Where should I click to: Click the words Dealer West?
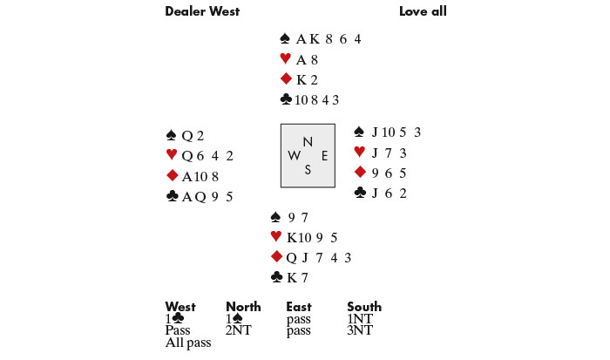pyautogui.click(x=202, y=11)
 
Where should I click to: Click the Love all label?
pyautogui.click(x=423, y=11)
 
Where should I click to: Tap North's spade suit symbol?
pyautogui.click(x=285, y=38)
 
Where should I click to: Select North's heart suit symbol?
pyautogui.click(x=286, y=58)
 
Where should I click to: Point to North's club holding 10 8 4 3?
pyautogui.click(x=316, y=100)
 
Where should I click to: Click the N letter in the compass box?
pyautogui.click(x=308, y=142)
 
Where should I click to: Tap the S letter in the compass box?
pyautogui.click(x=308, y=169)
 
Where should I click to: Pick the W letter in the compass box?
pyautogui.click(x=295, y=156)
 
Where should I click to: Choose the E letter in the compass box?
pyautogui.click(x=324, y=156)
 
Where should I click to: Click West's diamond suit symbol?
pyautogui.click(x=173, y=175)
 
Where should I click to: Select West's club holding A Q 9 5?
pyautogui.click(x=207, y=196)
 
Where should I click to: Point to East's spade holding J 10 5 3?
pyautogui.click(x=396, y=132)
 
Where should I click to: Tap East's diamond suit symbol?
pyautogui.click(x=360, y=172)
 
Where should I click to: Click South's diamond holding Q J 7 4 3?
pyautogui.click(x=319, y=258)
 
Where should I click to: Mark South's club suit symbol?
pyautogui.click(x=276, y=276)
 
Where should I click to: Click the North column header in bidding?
pyautogui.click(x=243, y=307)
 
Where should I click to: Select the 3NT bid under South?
pyautogui.click(x=360, y=330)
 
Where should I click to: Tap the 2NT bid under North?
pyautogui.click(x=239, y=330)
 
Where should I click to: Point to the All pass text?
pyautogui.click(x=188, y=343)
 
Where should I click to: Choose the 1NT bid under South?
pyautogui.click(x=360, y=319)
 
